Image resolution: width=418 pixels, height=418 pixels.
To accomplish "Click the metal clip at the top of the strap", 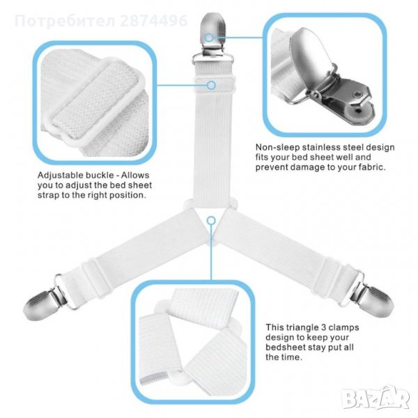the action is (x=212, y=38).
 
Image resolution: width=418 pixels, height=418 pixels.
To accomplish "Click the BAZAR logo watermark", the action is (x=376, y=398).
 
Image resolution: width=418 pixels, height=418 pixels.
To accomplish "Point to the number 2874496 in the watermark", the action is (x=154, y=21).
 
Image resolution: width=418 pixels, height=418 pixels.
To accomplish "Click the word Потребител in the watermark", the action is (x=65, y=22).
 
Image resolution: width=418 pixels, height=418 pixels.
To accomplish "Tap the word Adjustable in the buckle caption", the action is (x=60, y=176).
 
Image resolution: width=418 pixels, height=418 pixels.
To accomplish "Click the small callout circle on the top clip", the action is (x=210, y=38).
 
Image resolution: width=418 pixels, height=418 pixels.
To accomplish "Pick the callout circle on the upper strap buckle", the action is (x=211, y=85).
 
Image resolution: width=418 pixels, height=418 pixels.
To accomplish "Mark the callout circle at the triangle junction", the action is (x=211, y=220).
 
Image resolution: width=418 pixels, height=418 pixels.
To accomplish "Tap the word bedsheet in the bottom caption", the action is (x=285, y=348).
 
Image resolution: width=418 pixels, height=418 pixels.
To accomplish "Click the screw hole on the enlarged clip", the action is (x=357, y=94).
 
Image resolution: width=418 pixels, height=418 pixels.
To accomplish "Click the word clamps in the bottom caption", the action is (x=342, y=327).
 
